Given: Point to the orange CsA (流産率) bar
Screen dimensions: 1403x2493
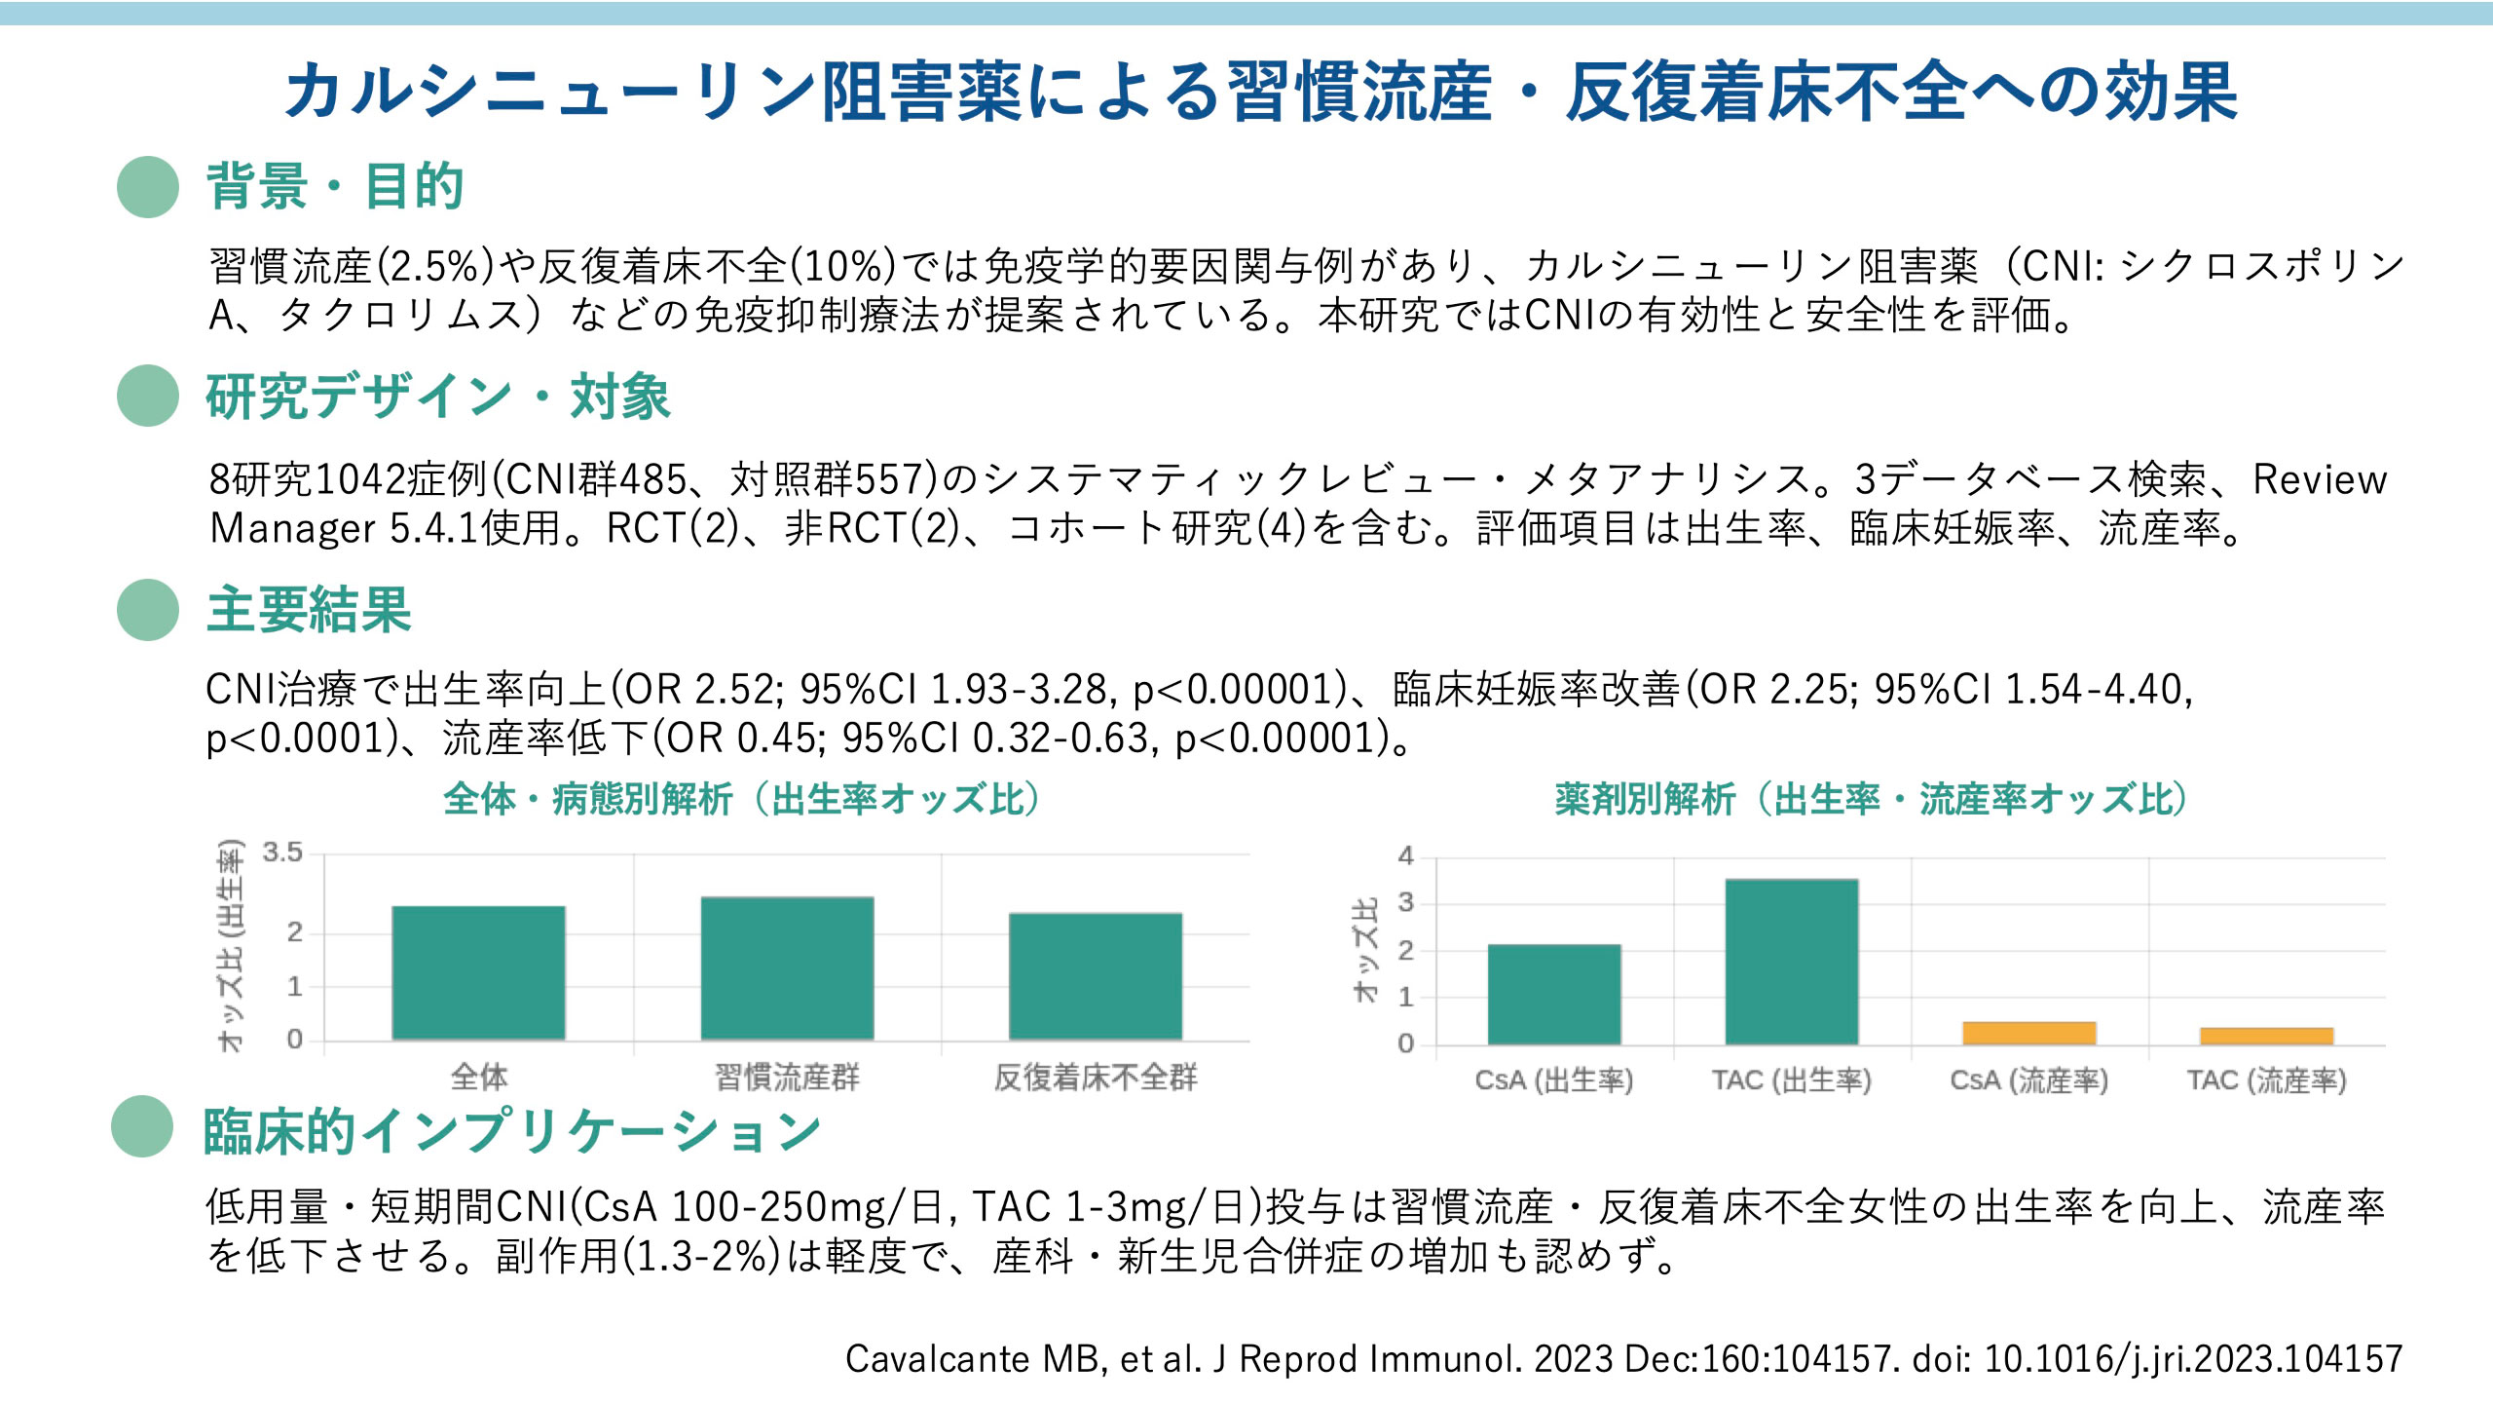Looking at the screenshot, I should point(2028,1033).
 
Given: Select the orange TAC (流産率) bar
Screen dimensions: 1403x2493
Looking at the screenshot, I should point(2266,1036).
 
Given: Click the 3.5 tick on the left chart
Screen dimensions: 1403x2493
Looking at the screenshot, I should point(282,853).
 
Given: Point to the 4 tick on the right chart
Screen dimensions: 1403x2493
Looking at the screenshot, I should point(1405,855).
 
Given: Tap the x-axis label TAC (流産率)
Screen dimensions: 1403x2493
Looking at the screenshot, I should point(2266,1081).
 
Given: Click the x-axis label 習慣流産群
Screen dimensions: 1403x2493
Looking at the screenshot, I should point(787,1078).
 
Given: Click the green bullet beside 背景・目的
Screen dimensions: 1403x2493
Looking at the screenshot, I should point(148,186).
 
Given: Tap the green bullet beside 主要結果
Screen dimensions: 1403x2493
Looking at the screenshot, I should point(148,610).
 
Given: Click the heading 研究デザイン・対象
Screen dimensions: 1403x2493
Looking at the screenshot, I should point(438,397).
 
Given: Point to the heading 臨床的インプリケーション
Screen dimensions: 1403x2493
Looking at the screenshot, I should point(512,1131).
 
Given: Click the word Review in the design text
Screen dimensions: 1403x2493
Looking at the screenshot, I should point(2320,479).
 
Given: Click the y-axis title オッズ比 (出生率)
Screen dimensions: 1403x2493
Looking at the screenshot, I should point(230,945).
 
